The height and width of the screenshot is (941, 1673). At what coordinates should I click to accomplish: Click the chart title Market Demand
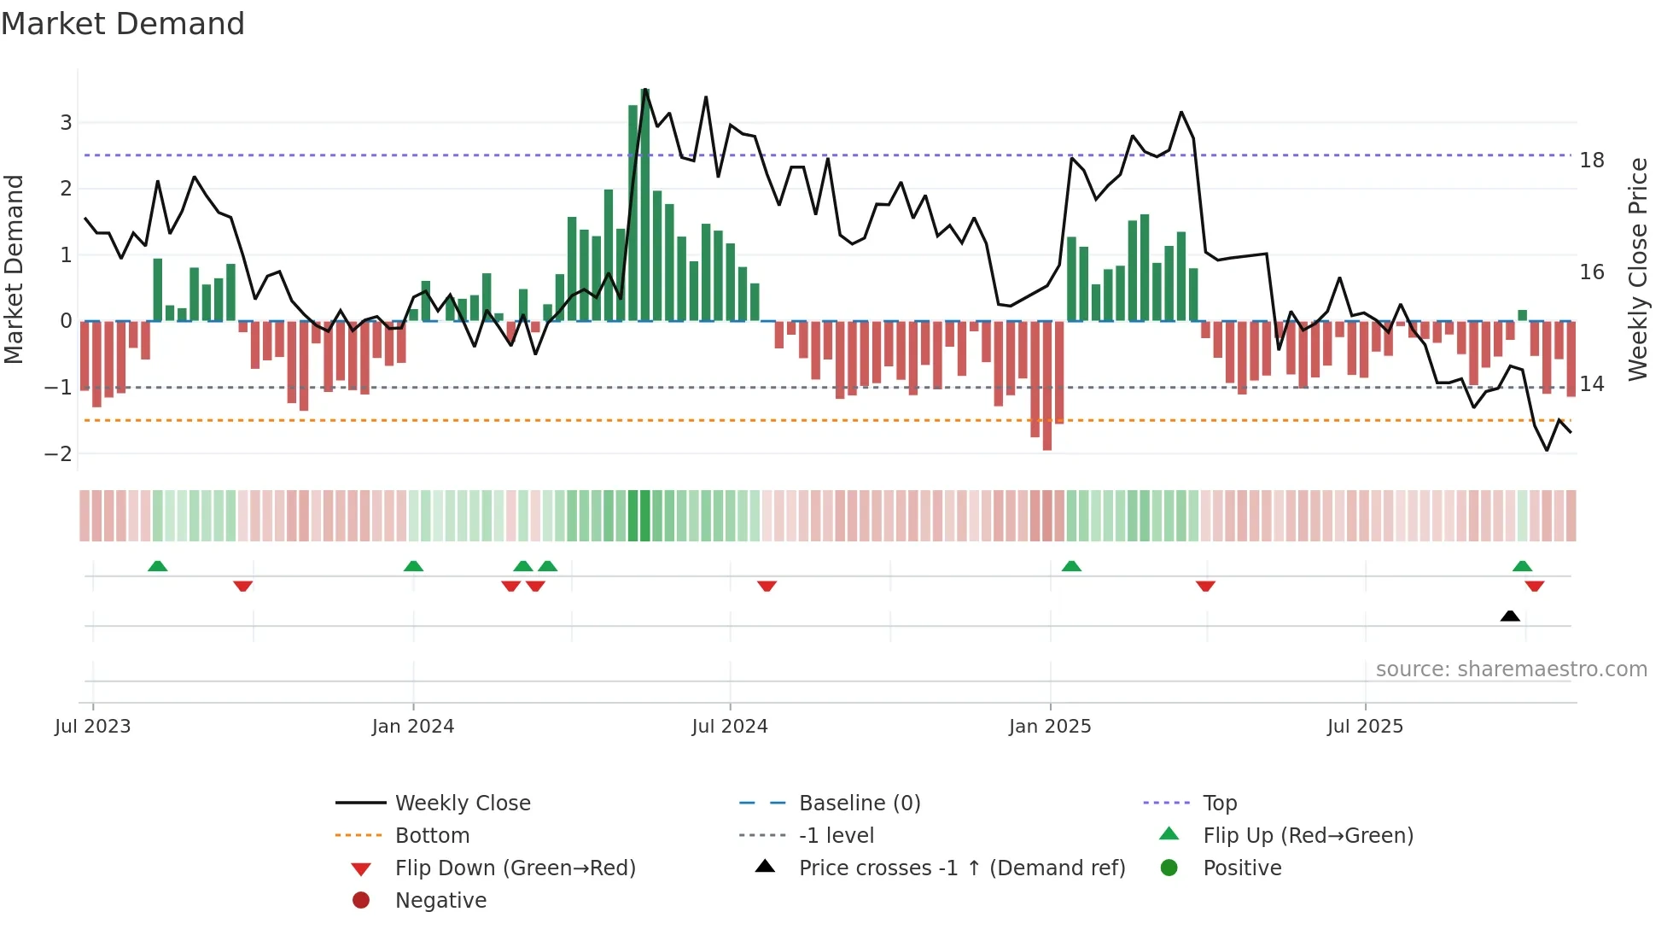(123, 24)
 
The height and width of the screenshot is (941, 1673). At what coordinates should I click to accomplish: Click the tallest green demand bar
(644, 205)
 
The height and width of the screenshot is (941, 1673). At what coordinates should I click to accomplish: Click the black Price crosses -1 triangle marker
(1510, 616)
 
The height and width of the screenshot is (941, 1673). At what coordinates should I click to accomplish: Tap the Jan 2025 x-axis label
(1050, 727)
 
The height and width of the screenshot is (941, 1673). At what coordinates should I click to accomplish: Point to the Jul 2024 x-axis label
(730, 727)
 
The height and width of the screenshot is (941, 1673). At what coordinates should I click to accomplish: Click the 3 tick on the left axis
(66, 122)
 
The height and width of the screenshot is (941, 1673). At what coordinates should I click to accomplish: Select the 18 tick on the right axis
(1592, 161)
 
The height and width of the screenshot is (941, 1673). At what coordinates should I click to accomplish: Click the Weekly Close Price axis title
(1637, 269)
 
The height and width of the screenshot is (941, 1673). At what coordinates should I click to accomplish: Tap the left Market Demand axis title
(15, 269)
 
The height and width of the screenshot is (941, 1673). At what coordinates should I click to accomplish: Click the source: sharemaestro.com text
(1511, 669)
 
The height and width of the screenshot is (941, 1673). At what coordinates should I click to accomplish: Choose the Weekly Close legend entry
(462, 804)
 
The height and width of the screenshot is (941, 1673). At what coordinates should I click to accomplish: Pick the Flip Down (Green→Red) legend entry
(515, 868)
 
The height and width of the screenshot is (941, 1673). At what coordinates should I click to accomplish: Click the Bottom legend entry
(432, 836)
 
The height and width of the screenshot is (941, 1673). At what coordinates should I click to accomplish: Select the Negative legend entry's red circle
(361, 901)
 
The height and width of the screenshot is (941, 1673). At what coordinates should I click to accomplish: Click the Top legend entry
(1219, 804)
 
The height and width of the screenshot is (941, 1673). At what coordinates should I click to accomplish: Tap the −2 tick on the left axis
(58, 453)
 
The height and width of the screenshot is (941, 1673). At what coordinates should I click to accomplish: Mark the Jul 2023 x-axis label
(92, 727)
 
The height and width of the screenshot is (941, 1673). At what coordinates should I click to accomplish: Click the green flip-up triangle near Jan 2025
(1071, 566)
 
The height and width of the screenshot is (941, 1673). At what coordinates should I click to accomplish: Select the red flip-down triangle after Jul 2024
(767, 586)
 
